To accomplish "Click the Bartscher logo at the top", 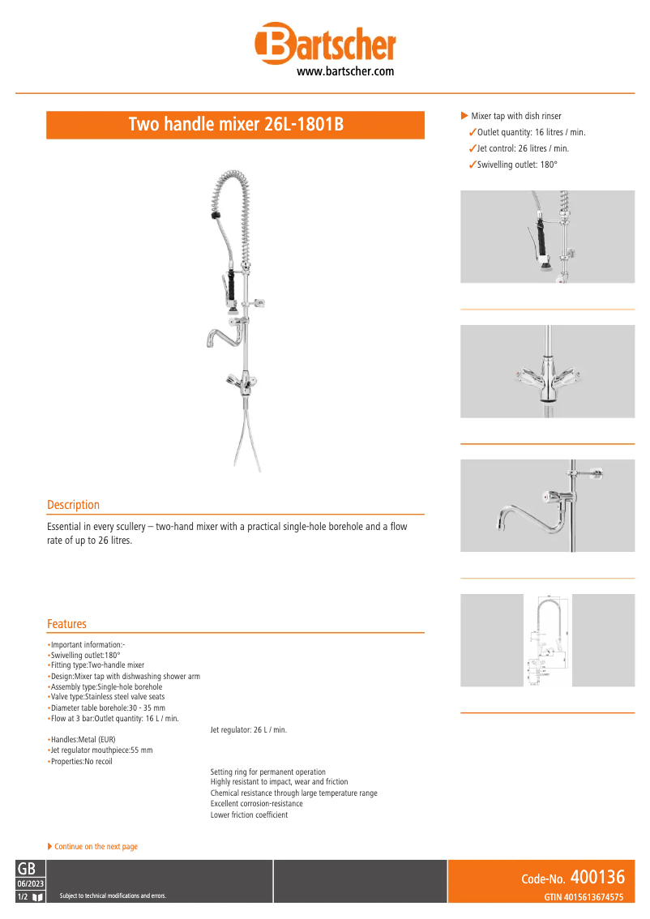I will (325, 44).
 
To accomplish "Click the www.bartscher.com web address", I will (345, 71).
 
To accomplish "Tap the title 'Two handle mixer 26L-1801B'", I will (236, 125).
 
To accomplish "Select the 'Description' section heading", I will (73, 505).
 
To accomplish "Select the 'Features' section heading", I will (66, 624).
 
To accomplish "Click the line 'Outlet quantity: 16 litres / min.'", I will (531, 132).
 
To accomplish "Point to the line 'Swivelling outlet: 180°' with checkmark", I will (517, 165).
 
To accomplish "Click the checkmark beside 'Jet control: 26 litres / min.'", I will (473, 148).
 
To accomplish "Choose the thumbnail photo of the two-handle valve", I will (547, 371).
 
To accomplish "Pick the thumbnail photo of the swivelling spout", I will (547, 506).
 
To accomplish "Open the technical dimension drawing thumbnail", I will (547, 640).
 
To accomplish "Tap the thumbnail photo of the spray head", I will (547, 237).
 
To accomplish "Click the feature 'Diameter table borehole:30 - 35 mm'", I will (108, 707).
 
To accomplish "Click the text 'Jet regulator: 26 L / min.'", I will (248, 730).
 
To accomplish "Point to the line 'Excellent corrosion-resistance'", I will (256, 804).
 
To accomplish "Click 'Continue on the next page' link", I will (95, 847).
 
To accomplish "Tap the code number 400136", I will (597, 878).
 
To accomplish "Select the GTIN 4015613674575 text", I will (584, 897).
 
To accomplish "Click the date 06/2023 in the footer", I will (31, 883).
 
